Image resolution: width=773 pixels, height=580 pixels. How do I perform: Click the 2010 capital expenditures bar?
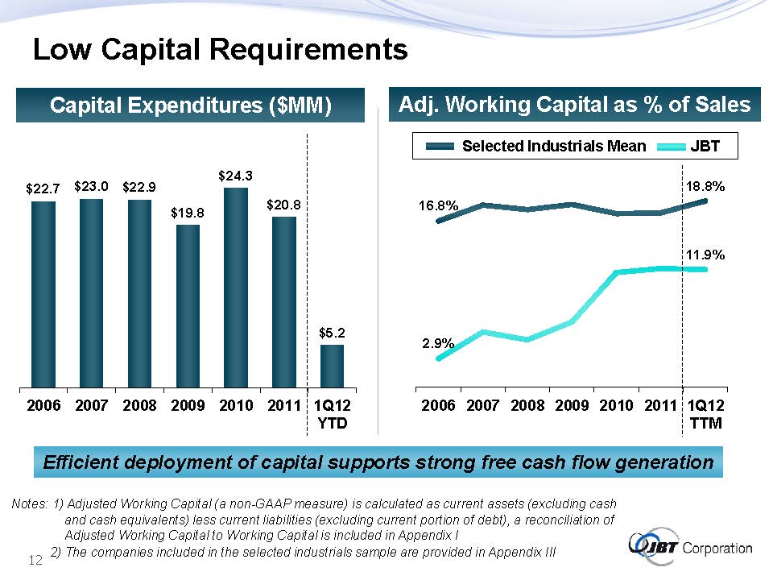(x=236, y=288)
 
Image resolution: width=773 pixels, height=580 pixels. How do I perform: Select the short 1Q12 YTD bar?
(x=332, y=366)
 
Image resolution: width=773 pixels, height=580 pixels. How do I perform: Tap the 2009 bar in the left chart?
(x=188, y=306)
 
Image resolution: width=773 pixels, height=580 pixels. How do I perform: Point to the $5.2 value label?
(x=332, y=332)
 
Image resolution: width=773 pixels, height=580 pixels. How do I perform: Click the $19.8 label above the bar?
(x=188, y=213)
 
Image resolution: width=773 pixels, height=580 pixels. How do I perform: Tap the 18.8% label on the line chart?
(x=705, y=186)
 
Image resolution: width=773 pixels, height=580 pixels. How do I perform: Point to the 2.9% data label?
(x=439, y=343)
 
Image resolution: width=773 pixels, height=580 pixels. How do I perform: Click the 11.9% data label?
(x=705, y=255)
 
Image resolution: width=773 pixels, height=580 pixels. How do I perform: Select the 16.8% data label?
(x=438, y=206)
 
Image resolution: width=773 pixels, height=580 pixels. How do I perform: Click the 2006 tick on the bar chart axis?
(x=43, y=405)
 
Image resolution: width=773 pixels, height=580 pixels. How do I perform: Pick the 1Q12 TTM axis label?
(x=706, y=413)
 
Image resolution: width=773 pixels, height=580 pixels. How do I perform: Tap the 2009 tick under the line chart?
(x=572, y=405)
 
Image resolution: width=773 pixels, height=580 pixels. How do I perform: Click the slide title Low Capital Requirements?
(x=220, y=51)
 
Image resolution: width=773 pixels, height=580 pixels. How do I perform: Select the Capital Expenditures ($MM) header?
(x=190, y=106)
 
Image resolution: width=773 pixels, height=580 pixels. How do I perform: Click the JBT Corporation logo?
(x=691, y=547)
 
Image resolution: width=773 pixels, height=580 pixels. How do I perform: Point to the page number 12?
(x=35, y=559)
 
